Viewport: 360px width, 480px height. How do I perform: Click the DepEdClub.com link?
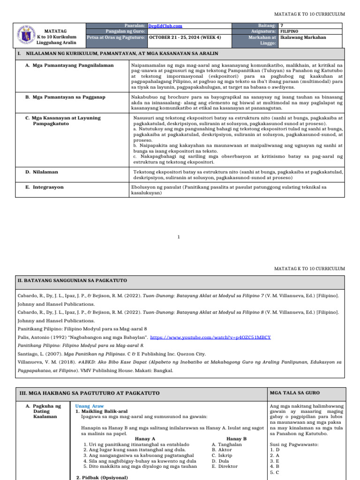tap(165, 26)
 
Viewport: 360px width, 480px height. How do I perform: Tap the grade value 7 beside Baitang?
tap(281, 26)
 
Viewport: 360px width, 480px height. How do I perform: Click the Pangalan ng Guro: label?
tap(126, 32)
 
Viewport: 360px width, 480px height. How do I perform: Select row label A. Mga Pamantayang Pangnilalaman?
tap(69, 66)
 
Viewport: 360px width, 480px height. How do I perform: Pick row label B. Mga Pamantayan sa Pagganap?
tap(65, 97)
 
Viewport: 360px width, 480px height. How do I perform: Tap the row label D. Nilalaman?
tap(42, 172)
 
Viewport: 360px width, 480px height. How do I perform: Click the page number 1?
tap(179, 237)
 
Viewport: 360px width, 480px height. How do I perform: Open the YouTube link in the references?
tap(210, 337)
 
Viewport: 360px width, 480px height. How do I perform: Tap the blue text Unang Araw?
tap(90, 406)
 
